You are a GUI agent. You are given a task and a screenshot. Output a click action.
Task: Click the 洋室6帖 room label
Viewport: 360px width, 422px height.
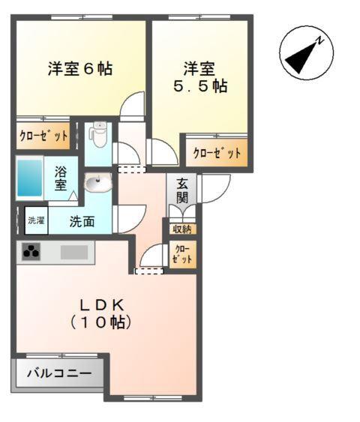click(80, 69)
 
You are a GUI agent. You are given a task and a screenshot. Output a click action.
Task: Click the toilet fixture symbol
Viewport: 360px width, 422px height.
click(97, 136)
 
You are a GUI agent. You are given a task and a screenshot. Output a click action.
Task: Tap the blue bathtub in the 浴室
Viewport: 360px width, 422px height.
click(30, 178)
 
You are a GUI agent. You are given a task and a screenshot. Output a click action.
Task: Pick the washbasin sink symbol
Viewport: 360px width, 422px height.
click(97, 182)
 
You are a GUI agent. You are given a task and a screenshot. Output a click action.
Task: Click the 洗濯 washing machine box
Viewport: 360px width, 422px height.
click(36, 220)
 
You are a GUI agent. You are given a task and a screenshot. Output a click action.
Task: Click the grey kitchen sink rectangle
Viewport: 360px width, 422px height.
click(74, 253)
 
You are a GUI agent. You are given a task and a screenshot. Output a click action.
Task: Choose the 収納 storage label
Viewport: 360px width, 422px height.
click(181, 229)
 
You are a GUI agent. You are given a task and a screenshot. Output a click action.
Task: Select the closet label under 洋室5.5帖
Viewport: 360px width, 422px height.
click(217, 153)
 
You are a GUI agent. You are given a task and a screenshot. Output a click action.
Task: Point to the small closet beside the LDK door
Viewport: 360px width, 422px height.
click(182, 253)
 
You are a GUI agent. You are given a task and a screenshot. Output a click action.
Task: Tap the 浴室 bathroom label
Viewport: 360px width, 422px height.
click(60, 178)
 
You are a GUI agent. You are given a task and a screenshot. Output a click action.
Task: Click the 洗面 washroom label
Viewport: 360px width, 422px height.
click(82, 221)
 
